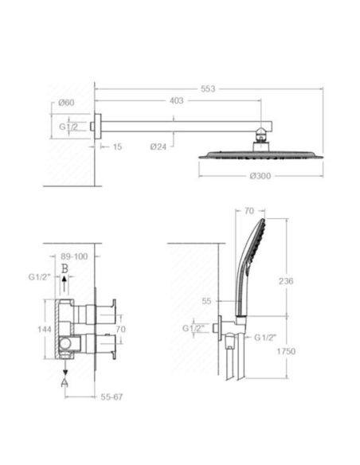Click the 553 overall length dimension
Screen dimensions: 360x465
point(208,88)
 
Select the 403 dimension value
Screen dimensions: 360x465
point(177,101)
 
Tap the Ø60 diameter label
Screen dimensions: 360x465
point(66,103)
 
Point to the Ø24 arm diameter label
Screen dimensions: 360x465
point(158,147)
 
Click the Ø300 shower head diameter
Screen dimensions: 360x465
point(260,176)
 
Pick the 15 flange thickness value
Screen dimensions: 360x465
point(117,147)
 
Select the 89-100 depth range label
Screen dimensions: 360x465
point(74,256)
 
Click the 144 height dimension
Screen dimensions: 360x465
point(45,329)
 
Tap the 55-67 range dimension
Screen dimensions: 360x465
point(112,397)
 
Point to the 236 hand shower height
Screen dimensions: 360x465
point(286,281)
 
